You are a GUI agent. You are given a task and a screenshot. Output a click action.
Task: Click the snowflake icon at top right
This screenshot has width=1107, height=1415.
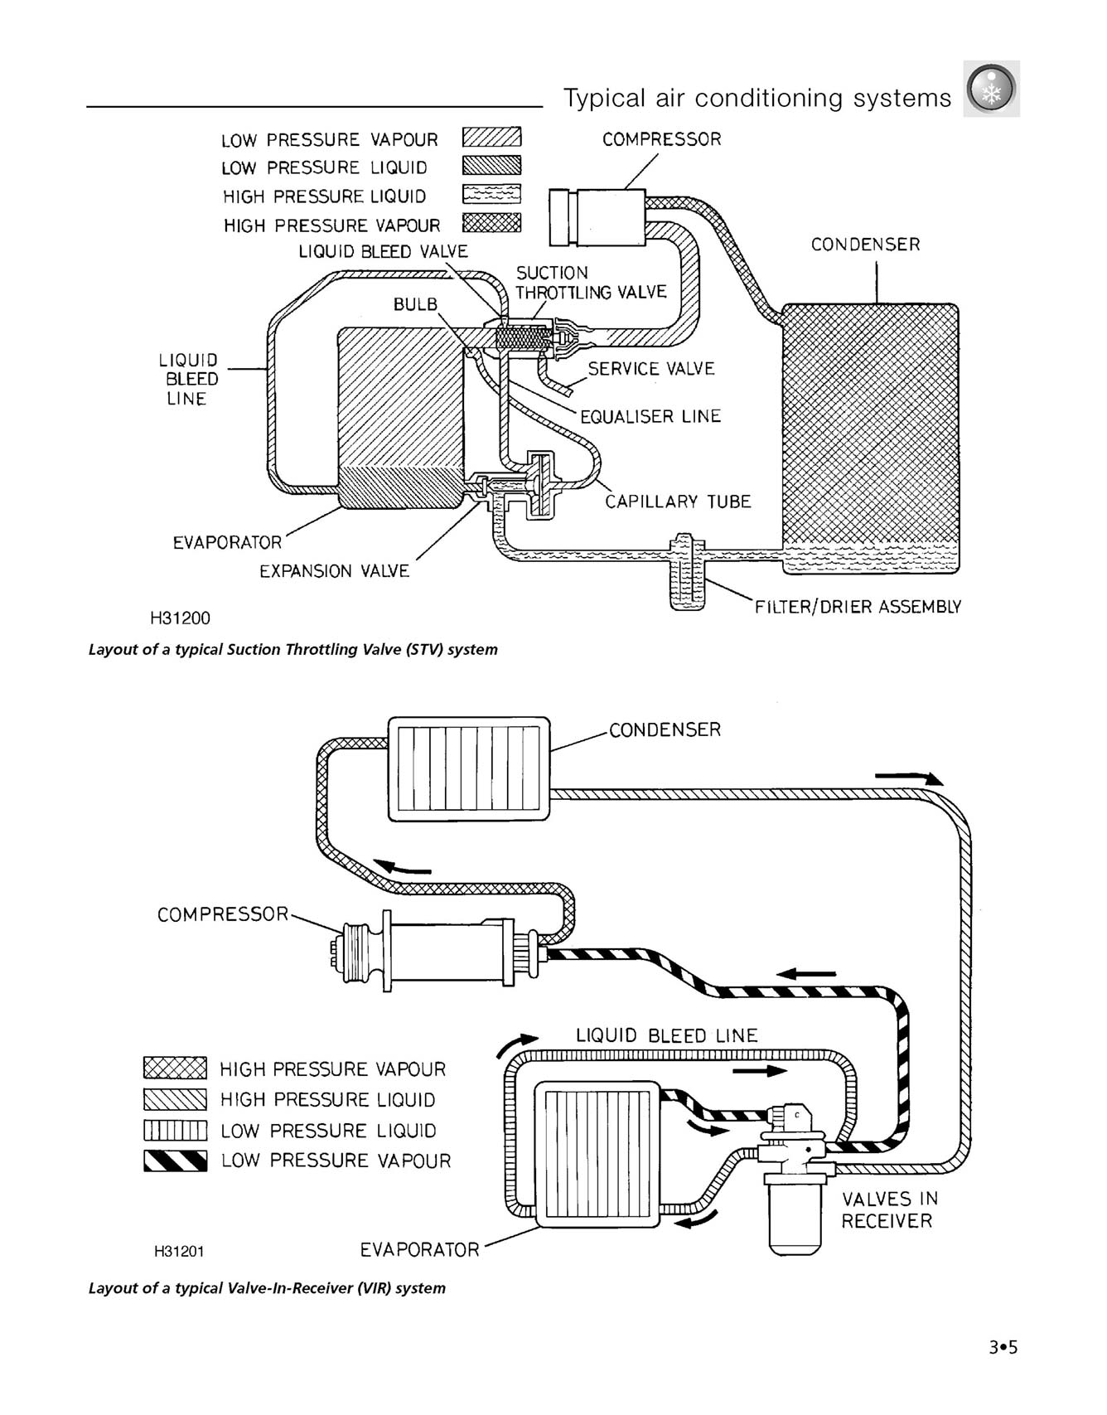click(991, 89)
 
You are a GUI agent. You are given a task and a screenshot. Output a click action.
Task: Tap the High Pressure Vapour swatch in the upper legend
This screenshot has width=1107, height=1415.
click(491, 222)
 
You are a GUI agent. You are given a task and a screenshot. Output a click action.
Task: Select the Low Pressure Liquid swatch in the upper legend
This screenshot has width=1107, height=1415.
click(491, 165)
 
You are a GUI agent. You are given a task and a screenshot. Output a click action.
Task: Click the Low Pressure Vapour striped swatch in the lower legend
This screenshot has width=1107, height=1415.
click(175, 1161)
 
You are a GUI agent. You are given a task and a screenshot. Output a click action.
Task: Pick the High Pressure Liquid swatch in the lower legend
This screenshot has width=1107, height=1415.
click(175, 1099)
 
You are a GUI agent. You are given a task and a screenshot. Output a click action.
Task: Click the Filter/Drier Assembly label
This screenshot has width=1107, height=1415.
click(858, 607)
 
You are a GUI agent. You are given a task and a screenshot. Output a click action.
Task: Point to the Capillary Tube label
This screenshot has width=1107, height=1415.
click(678, 502)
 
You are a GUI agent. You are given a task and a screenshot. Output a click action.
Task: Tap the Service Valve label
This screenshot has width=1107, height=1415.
click(651, 369)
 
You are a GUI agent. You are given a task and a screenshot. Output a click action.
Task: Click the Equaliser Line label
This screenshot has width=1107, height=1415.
click(650, 416)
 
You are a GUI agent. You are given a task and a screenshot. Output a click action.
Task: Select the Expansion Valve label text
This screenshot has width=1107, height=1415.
click(334, 571)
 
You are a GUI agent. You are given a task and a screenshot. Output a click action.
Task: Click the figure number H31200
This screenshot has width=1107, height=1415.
click(180, 618)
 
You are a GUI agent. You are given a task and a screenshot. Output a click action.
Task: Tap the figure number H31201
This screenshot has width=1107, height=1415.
click(179, 1251)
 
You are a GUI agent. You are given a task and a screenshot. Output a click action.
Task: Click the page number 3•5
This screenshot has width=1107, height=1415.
click(1003, 1347)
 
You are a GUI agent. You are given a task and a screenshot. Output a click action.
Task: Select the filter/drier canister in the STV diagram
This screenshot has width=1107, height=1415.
click(687, 584)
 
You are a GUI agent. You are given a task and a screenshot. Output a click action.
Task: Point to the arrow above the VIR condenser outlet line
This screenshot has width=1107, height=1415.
click(909, 777)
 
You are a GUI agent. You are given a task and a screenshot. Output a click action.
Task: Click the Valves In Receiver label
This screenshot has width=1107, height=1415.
click(887, 1209)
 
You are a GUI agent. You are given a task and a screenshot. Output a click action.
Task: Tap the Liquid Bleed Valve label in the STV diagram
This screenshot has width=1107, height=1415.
click(383, 251)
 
